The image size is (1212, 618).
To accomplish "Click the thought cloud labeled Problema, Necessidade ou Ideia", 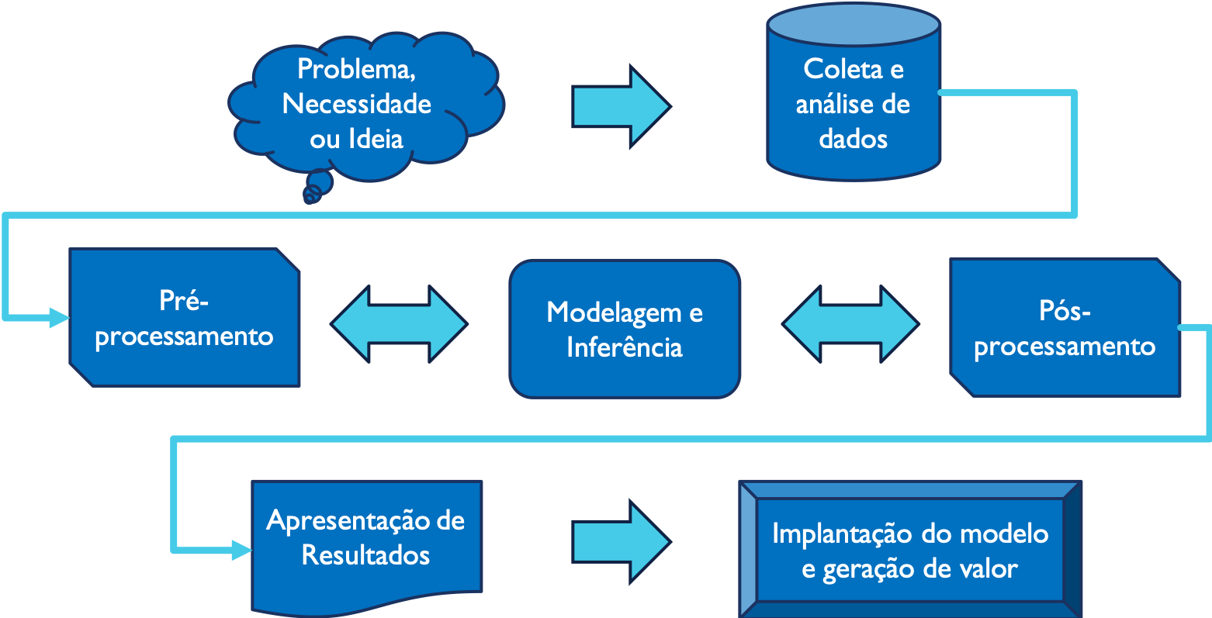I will click(x=365, y=105).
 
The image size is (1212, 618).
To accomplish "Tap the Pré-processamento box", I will click(x=185, y=318).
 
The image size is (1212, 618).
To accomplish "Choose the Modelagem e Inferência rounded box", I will click(x=625, y=329).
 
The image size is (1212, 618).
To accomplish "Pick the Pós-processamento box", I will click(x=1065, y=328).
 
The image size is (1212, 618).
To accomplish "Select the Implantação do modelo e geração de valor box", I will click(x=910, y=551).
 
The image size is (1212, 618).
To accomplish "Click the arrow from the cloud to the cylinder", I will click(x=621, y=106).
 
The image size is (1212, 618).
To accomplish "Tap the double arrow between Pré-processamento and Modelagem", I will click(x=400, y=324).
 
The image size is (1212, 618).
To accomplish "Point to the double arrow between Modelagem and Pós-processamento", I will click(x=850, y=324).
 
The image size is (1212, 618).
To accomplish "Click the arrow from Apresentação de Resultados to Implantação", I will click(x=621, y=540).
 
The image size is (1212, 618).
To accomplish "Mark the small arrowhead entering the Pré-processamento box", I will click(x=59, y=317).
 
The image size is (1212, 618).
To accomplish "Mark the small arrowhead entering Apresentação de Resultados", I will click(x=241, y=551).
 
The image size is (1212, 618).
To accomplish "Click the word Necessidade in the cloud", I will click(x=357, y=104).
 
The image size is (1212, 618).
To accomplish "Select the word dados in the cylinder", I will click(x=854, y=140).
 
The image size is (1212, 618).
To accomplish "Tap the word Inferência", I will click(x=625, y=347).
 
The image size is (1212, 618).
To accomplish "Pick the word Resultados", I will click(x=366, y=555).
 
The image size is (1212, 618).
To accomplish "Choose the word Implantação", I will click(x=843, y=534).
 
